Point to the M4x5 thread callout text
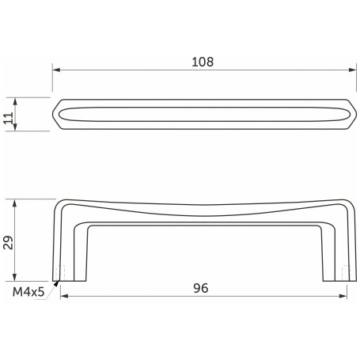pos(28,292)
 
